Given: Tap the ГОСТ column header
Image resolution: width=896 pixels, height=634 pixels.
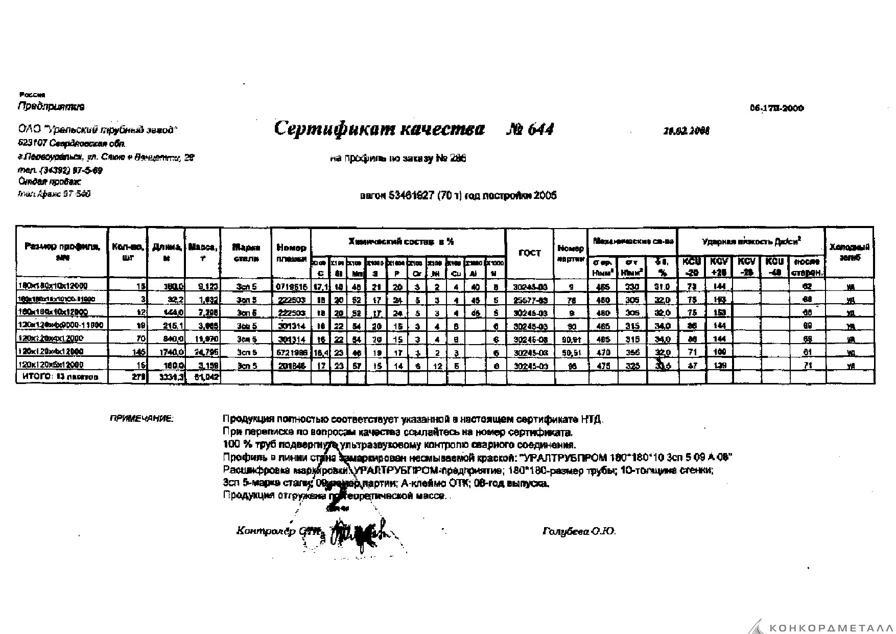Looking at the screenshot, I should coord(529,253).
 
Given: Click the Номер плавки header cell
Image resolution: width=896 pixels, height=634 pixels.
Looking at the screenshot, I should coord(291,253).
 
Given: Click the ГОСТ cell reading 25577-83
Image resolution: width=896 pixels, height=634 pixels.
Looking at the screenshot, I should coord(529,299).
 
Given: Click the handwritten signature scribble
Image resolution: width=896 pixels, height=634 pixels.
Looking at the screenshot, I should coord(360,534).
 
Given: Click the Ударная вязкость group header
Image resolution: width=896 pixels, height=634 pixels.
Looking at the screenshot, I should coord(751,241).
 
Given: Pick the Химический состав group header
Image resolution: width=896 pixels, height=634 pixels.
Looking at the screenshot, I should coord(400,241).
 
